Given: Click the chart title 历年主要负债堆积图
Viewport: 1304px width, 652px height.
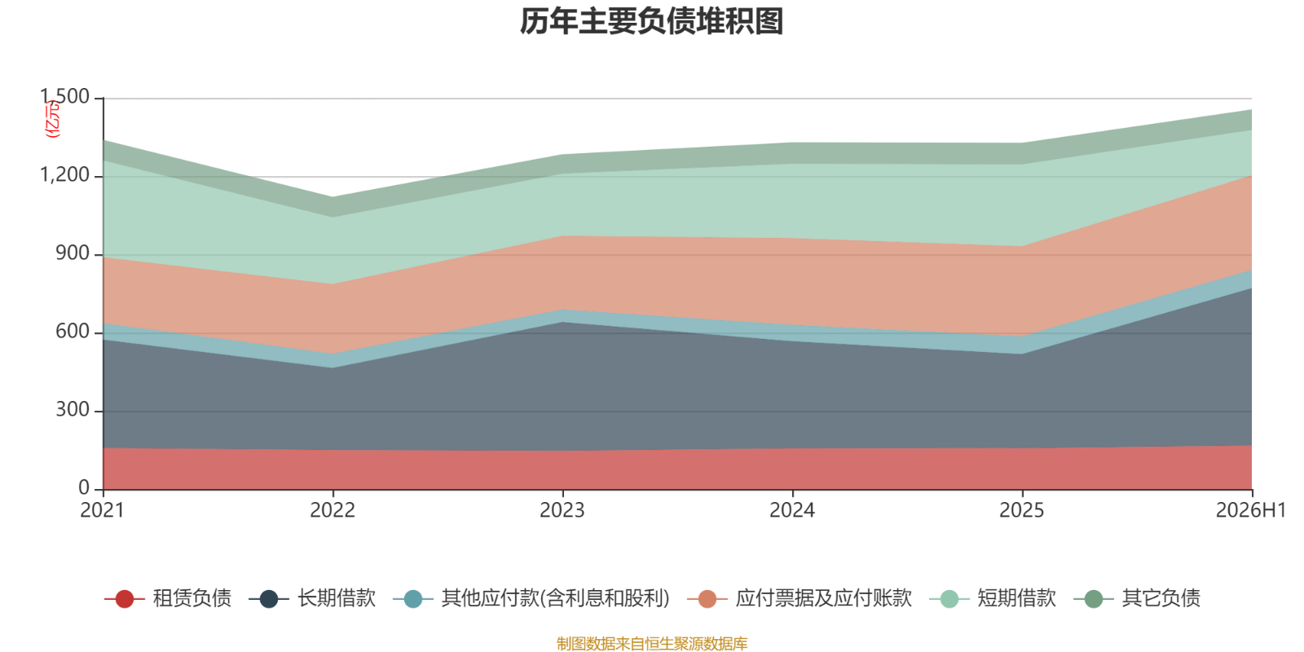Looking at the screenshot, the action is [x=651, y=21].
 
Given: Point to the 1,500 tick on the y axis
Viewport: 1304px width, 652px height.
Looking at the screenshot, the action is [x=64, y=97].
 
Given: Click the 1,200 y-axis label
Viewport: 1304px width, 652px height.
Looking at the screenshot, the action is [x=64, y=174].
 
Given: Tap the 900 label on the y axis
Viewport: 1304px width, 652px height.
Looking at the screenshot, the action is [x=73, y=253].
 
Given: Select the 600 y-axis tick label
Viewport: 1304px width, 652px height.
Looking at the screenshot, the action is [x=73, y=331].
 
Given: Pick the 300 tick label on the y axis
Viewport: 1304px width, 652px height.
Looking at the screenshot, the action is [x=73, y=410].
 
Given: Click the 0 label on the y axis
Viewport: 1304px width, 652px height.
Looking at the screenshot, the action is [x=84, y=488].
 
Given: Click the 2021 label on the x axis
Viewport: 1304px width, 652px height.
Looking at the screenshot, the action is [x=103, y=510].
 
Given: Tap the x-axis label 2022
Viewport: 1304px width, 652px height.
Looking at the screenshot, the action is [x=333, y=510].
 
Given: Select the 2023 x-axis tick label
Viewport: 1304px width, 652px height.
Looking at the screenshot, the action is [x=562, y=510].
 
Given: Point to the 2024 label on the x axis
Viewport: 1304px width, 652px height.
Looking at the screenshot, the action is [x=792, y=510].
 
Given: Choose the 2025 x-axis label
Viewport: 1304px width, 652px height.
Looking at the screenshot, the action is [x=1022, y=510].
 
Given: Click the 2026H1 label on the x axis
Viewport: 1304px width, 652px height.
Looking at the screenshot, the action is [x=1250, y=510].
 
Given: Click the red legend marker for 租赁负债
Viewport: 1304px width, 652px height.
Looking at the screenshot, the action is [x=125, y=598].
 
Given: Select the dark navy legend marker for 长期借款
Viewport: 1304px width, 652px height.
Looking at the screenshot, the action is [x=268, y=598].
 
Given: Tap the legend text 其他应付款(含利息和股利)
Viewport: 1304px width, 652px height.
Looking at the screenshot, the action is [x=555, y=598].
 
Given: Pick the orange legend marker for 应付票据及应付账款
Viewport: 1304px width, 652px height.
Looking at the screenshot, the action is [x=707, y=598].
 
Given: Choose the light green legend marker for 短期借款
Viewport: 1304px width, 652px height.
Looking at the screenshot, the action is [x=949, y=598].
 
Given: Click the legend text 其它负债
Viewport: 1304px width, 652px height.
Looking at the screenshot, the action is [x=1161, y=598].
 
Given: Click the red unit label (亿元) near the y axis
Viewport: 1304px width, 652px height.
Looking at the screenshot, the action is [x=52, y=119].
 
